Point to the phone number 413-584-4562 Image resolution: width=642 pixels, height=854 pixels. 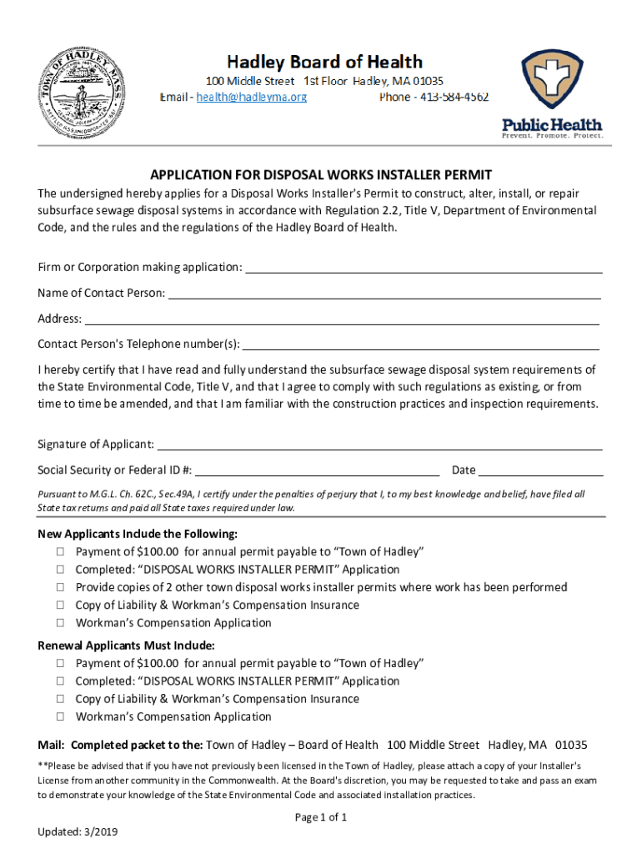(454, 98)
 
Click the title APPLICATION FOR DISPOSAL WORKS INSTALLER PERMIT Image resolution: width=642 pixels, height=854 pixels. (321, 175)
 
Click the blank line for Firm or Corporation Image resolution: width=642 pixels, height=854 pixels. (424, 268)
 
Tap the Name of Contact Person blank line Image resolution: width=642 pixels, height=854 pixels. (384, 294)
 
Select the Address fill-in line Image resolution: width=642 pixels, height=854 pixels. (342, 319)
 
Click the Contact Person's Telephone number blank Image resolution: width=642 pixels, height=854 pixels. (421, 345)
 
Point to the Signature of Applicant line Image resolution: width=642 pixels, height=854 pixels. (379, 445)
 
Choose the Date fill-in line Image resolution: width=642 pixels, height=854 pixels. (540, 470)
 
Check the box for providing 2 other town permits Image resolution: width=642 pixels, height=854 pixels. (61, 588)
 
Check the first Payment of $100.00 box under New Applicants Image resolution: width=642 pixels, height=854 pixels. (61, 552)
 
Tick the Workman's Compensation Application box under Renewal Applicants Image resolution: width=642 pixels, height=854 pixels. (61, 716)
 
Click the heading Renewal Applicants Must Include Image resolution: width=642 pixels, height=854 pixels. (127, 646)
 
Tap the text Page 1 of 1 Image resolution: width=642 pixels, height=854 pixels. (321, 817)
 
